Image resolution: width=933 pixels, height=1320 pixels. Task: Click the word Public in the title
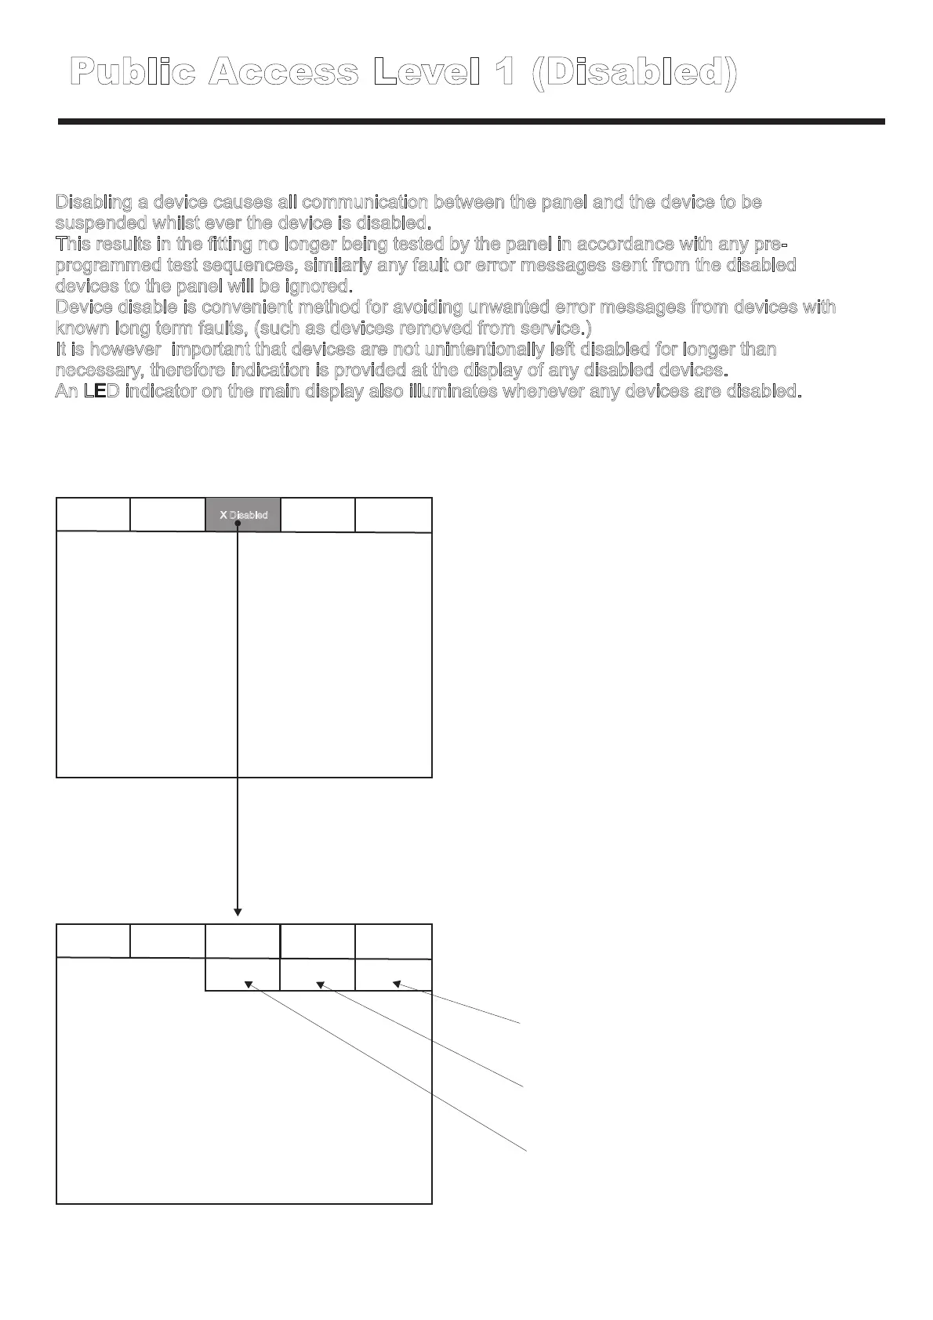pyautogui.click(x=133, y=72)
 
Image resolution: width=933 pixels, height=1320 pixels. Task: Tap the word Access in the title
pyautogui.click(x=285, y=72)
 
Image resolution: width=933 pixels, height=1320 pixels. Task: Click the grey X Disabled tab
pyautogui.click(x=243, y=515)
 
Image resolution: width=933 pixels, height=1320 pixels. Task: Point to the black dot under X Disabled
pyautogui.click(x=237, y=532)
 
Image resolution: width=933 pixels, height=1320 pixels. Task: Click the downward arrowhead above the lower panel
pyautogui.click(x=238, y=912)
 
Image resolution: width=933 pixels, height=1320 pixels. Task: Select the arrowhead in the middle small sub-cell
pyautogui.click(x=320, y=985)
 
